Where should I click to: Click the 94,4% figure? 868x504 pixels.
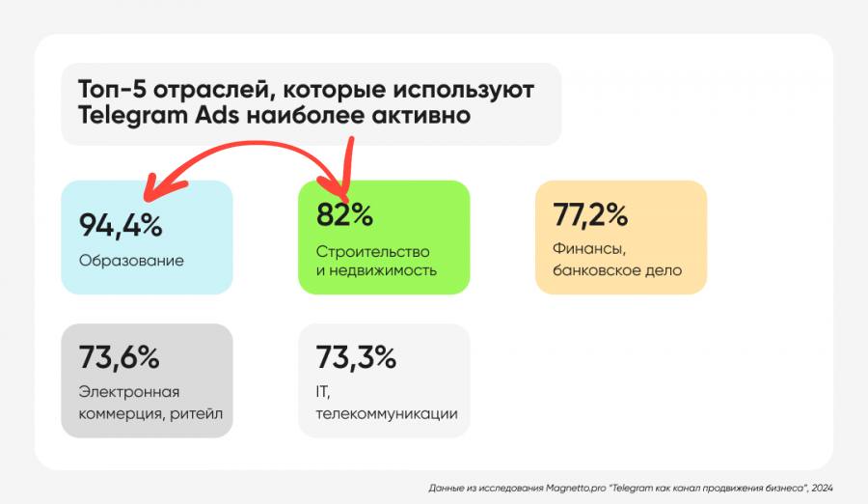tap(121, 225)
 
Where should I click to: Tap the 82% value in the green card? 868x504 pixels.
tap(344, 214)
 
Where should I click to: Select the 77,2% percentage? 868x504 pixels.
tap(590, 214)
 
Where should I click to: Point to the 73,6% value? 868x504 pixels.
tap(119, 357)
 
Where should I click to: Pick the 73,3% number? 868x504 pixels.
tap(356, 357)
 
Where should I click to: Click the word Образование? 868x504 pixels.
tap(131, 261)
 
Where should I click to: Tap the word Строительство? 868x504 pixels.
tap(372, 251)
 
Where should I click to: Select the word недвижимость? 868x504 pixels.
tap(384, 270)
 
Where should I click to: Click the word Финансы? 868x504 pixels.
tap(589, 249)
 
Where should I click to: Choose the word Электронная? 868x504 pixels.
tap(129, 392)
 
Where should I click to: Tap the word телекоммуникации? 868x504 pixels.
tap(387, 414)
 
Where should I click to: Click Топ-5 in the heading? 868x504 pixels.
tap(113, 90)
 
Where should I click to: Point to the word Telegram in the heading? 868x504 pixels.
tap(132, 115)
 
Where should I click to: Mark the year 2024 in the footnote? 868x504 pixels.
tap(822, 488)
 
